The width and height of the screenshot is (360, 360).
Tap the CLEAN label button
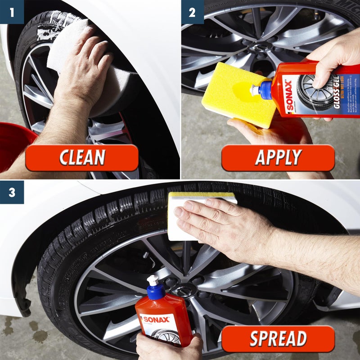[82, 157]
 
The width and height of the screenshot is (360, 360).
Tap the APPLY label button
[278, 157]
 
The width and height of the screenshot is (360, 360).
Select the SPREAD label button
[278, 338]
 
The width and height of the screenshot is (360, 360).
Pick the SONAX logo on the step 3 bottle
[156, 319]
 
